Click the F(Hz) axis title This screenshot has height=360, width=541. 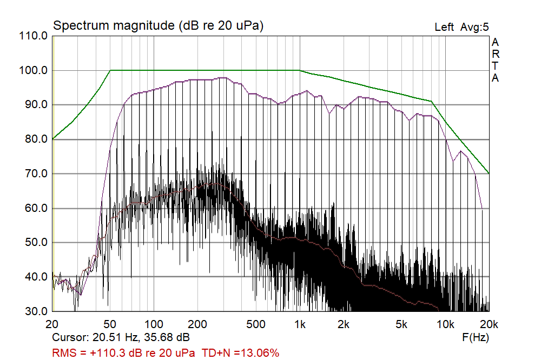click(476, 337)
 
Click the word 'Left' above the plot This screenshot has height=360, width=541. click(444, 27)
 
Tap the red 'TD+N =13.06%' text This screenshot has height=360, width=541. click(241, 353)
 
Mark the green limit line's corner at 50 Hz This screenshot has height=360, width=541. click(111, 70)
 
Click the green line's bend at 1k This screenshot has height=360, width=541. click(300, 70)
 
